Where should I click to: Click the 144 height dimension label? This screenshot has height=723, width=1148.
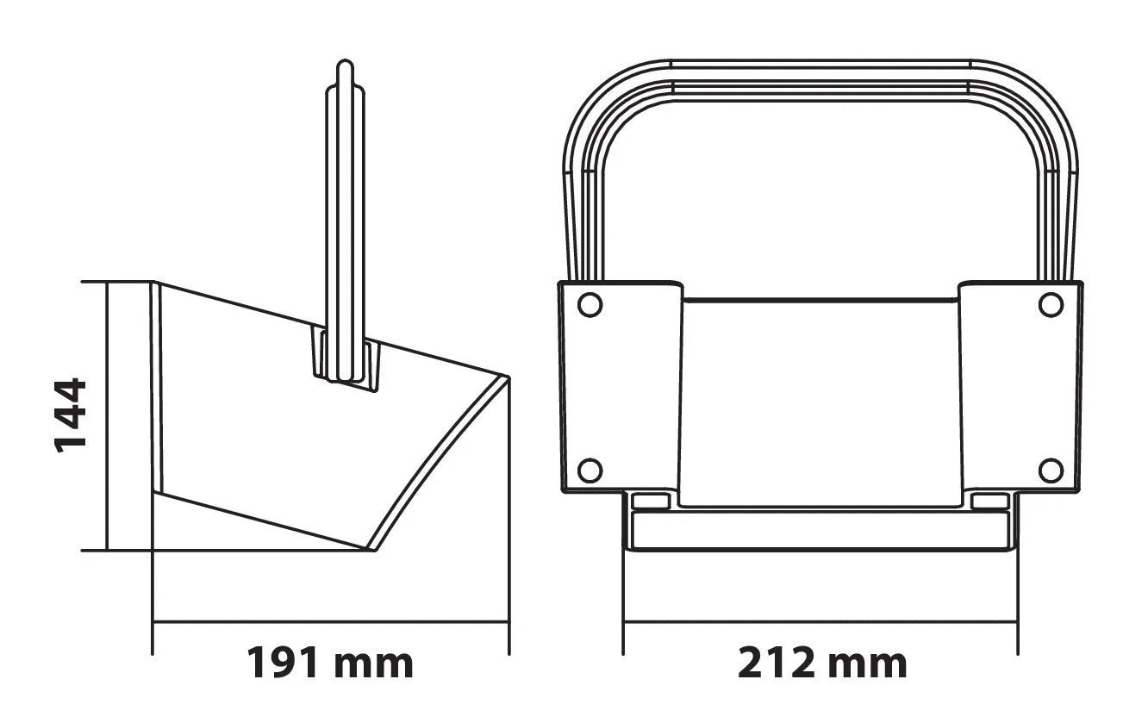click(70, 415)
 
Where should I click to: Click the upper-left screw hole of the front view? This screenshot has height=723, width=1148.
click(590, 305)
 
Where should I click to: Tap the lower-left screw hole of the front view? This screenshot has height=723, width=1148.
click(590, 471)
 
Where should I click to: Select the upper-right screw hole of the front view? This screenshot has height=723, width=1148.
click(1051, 305)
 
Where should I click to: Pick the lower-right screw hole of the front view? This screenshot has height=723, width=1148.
click(1051, 471)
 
